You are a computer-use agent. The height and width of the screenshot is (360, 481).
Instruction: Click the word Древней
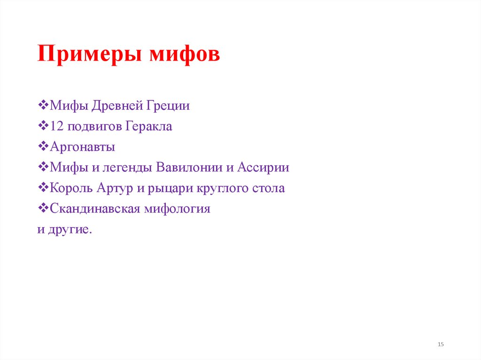(116, 106)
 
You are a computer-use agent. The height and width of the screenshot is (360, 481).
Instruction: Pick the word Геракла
(149, 127)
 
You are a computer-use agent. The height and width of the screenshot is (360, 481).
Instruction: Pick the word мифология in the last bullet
(178, 209)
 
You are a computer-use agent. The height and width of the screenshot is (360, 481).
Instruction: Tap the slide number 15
(441, 345)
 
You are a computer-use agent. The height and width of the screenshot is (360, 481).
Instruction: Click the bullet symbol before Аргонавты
(42, 147)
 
